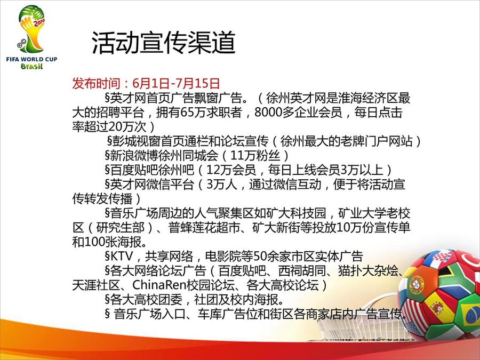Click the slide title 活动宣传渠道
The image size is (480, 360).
tap(164, 43)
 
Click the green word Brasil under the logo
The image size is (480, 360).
tap(31, 66)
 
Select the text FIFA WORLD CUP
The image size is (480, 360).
tap(31, 59)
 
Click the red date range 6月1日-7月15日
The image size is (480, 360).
tap(177, 83)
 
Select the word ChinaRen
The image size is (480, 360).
tap(159, 285)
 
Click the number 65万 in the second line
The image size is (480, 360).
tap(187, 113)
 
